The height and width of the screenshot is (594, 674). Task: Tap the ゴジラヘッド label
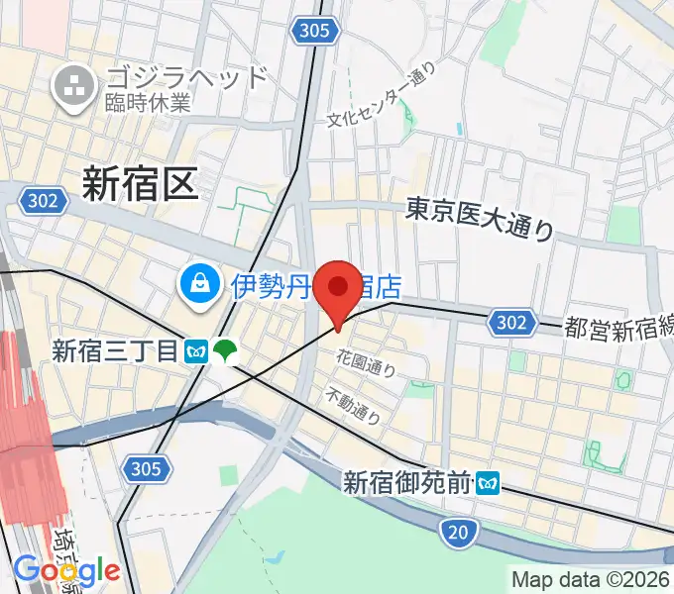[185, 76]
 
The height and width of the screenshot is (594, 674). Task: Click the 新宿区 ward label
[140, 184]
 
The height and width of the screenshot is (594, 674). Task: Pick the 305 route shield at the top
[312, 32]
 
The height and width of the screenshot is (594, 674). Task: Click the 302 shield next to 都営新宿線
[508, 322]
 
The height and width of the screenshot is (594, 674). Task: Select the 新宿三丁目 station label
[116, 349]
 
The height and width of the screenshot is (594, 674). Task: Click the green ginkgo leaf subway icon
[227, 350]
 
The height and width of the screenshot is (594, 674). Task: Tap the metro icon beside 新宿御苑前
[488, 483]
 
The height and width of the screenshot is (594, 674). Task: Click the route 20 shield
[456, 534]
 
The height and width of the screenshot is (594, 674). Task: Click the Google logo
[66, 571]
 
